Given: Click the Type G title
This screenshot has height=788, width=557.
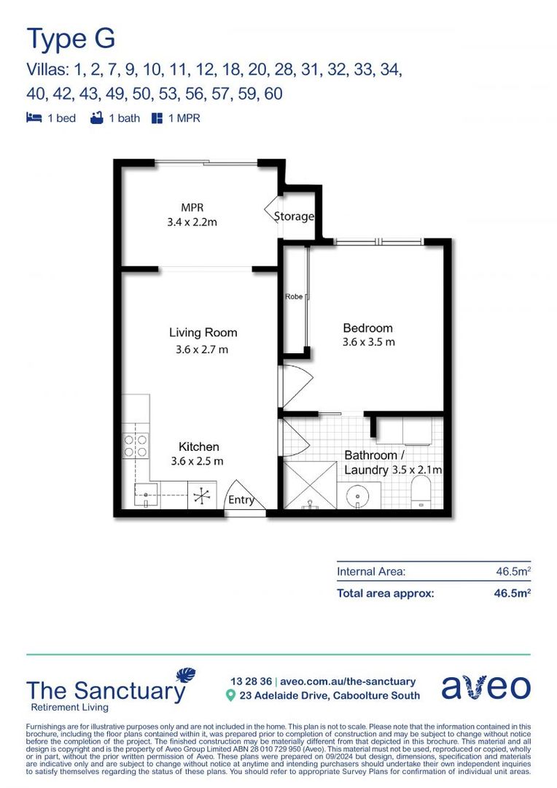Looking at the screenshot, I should (71, 38).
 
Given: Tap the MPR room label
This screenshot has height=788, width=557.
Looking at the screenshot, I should (188, 208).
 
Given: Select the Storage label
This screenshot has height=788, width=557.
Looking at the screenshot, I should (294, 217).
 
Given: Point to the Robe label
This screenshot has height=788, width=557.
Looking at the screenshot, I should (295, 297).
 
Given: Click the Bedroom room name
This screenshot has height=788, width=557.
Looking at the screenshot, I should (367, 328).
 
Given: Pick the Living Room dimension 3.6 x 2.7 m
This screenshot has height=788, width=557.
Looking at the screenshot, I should (202, 349).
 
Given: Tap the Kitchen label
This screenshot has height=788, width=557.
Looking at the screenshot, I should (199, 447).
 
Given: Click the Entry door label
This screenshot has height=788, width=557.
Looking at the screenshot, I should (241, 500).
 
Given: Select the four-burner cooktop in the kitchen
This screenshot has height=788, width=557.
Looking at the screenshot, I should (135, 446).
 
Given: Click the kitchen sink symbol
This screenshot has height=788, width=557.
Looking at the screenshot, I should (147, 495).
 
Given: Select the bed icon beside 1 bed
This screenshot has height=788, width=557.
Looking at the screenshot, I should (34, 118).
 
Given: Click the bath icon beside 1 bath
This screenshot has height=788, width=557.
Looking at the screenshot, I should (96, 118).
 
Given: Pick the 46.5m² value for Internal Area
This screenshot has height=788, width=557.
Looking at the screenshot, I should (513, 573).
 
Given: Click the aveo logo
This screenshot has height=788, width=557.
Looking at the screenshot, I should (486, 688).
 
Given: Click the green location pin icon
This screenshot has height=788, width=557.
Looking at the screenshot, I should (230, 695).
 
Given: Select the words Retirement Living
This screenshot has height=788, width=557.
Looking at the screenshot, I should (69, 708).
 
